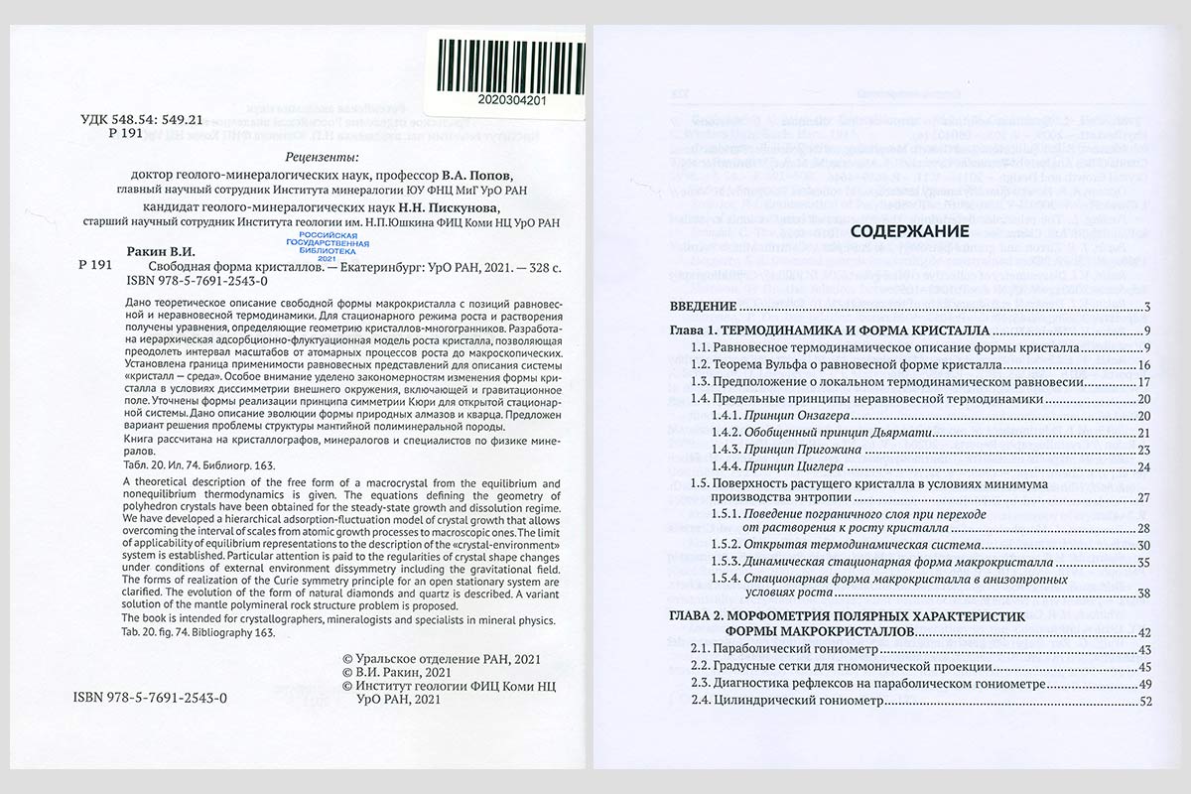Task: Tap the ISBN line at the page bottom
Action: coord(151,698)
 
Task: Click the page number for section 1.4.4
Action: coord(1143,466)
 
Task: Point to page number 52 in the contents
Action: coord(1143,703)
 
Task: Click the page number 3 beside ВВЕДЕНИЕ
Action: coord(1145,306)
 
